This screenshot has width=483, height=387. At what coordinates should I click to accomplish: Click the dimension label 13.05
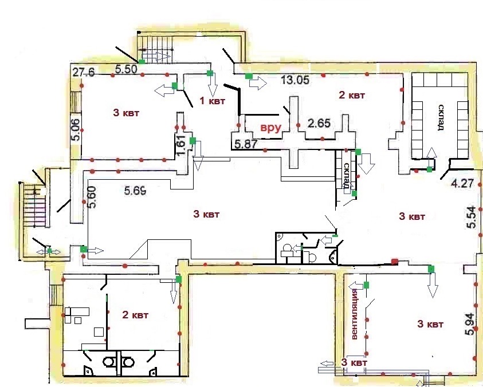pyautogui.click(x=295, y=80)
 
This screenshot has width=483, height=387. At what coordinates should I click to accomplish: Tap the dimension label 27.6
pyautogui.click(x=84, y=73)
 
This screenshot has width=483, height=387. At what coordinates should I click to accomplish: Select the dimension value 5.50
pyautogui.click(x=126, y=69)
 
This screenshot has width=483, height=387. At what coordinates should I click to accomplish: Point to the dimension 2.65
pyautogui.click(x=319, y=124)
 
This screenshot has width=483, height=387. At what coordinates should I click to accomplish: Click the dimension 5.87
pyautogui.click(x=246, y=144)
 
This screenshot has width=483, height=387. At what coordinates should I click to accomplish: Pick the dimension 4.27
pyautogui.click(x=462, y=184)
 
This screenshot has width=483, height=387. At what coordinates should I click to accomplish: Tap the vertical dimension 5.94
pyautogui.click(x=470, y=324)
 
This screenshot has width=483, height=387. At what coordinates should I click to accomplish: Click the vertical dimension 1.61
pyautogui.click(x=182, y=145)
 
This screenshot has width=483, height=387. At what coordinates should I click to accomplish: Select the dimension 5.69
pyautogui.click(x=135, y=191)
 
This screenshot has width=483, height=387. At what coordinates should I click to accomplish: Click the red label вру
pyautogui.click(x=271, y=128)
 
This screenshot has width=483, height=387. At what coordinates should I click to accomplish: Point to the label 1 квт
pyautogui.click(x=213, y=101)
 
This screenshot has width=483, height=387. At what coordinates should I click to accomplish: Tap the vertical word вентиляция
pyautogui.click(x=354, y=314)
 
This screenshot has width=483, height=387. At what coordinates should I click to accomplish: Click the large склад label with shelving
pyautogui.click(x=441, y=117)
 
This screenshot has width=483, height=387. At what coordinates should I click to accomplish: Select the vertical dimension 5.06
pyautogui.click(x=76, y=130)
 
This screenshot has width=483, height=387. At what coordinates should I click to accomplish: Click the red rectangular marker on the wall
pyautogui.click(x=395, y=262)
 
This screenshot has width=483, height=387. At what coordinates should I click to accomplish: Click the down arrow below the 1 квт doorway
pyautogui.click(x=212, y=86)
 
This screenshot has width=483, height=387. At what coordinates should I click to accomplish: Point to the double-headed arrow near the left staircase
pyautogui.click(x=49, y=252)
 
